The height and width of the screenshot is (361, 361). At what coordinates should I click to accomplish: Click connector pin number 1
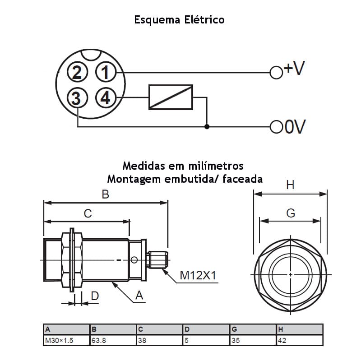[x=106, y=72]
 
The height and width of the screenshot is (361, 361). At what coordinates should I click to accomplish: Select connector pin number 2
[x=77, y=72]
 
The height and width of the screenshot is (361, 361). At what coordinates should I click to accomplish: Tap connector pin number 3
[x=77, y=98]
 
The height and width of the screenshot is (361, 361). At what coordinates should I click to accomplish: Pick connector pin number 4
[x=106, y=98]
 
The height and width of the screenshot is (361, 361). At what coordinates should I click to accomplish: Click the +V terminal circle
[x=276, y=73]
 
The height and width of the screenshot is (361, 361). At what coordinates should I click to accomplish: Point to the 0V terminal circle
[x=276, y=127]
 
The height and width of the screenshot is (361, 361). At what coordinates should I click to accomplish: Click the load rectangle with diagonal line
[x=171, y=97]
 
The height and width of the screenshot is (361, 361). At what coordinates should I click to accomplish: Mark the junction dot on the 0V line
[x=207, y=127]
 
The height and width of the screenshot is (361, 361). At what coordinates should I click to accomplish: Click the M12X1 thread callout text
[x=198, y=275]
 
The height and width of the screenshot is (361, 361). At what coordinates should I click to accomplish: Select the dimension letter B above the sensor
[x=106, y=194]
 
